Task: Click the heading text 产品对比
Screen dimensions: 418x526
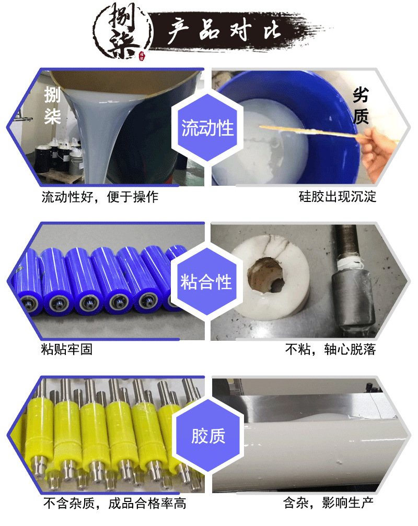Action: pos(224,30)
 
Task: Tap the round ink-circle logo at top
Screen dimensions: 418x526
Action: pos(123,31)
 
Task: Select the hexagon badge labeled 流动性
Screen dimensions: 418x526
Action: pos(207,128)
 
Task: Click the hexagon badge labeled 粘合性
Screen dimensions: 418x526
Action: pos(206,281)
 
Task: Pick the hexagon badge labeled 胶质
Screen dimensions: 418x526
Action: pos(208,436)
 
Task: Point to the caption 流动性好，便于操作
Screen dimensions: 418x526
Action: pos(100,197)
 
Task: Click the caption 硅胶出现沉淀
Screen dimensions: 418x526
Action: pos(338,197)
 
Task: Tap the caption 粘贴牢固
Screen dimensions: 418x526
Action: pos(66,349)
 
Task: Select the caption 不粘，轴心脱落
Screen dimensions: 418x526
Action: pos(330,349)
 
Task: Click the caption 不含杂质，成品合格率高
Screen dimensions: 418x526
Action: pos(114,503)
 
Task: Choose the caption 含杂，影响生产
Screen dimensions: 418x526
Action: pos(328,503)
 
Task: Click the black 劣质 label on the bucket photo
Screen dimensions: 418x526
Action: pos(361,105)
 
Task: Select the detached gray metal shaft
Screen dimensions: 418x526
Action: pos(353,281)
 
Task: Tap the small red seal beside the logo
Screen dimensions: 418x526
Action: pos(142,56)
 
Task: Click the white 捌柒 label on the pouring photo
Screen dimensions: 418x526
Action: pos(52,105)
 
